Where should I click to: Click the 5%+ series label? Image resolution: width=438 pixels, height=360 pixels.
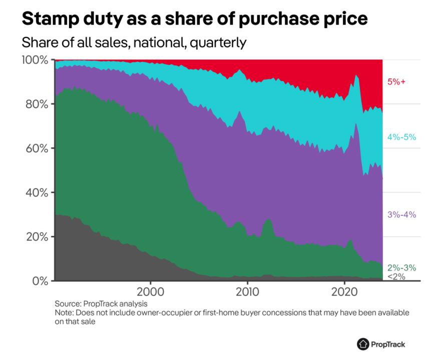[x=395, y=81]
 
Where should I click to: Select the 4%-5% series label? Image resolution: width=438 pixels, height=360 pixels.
[x=402, y=136]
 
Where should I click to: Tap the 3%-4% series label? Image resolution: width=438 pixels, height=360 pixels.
[x=402, y=214]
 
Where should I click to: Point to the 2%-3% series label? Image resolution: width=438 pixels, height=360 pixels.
[x=402, y=267]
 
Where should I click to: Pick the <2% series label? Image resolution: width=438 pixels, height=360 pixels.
[x=396, y=276]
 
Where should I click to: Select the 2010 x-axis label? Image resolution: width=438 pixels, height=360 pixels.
[x=247, y=292]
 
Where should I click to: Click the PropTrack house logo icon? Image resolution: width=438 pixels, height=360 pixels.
[x=362, y=344]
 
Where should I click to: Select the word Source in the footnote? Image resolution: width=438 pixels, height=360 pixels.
[x=68, y=303]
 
